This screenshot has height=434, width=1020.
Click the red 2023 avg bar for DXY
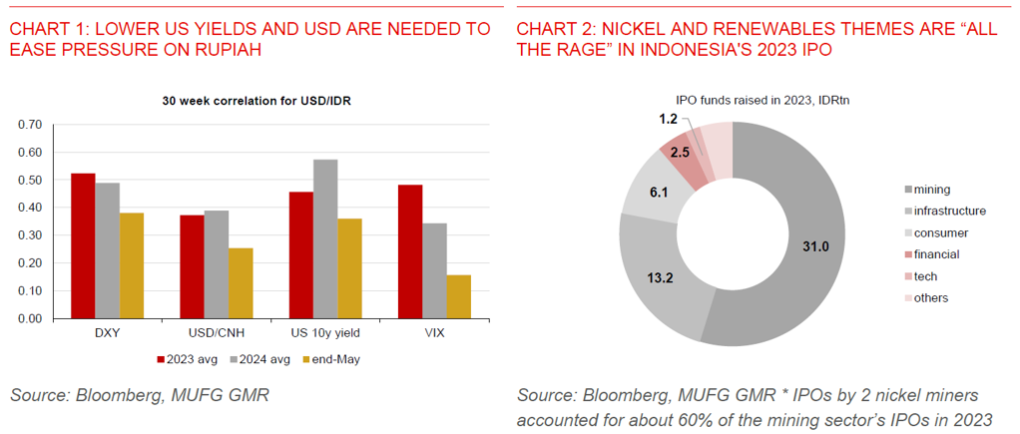83,246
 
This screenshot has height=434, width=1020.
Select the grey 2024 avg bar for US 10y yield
325,239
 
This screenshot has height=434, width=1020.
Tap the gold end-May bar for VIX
457,296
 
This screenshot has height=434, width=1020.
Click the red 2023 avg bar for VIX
410,251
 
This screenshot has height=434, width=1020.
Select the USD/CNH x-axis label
217,332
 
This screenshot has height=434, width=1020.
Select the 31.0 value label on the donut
816,245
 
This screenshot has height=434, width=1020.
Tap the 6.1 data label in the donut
660,192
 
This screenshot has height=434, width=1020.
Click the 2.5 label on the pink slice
680,153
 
